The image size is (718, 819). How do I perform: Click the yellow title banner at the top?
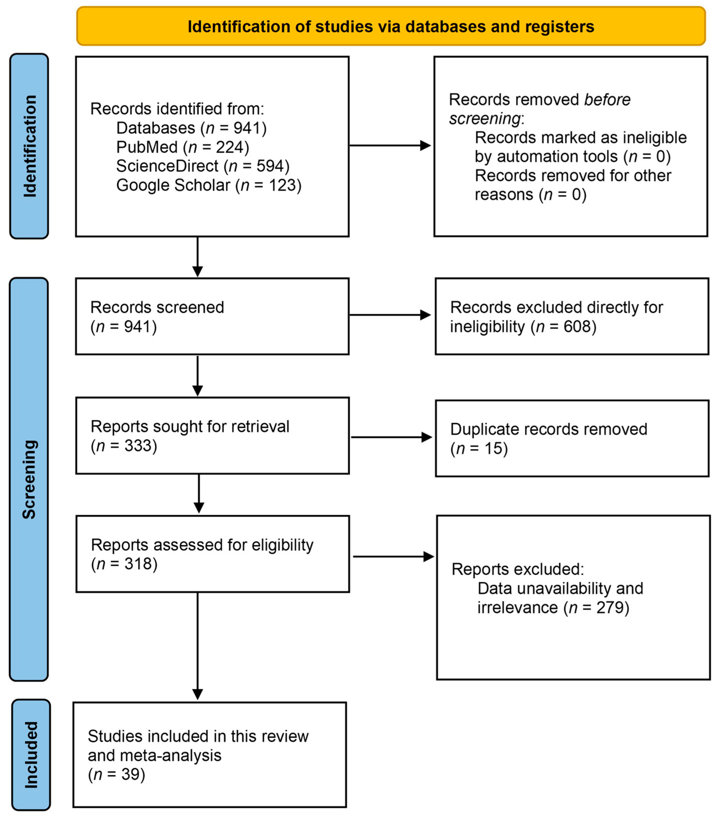pyautogui.click(x=391, y=26)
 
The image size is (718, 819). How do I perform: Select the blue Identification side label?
pyautogui.click(x=29, y=146)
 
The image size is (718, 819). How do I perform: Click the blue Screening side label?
pyautogui.click(x=29, y=479)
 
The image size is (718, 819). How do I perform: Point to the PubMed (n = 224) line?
pyautogui.click(x=183, y=147)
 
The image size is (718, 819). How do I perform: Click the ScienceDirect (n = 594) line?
pyautogui.click(x=203, y=166)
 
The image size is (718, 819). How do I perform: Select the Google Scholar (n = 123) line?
pyautogui.click(x=209, y=185)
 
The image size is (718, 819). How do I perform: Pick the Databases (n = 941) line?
pyautogui.click(x=191, y=128)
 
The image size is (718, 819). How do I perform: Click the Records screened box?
pyautogui.click(x=212, y=316)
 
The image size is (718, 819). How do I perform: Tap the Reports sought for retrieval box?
pyautogui.click(x=213, y=436)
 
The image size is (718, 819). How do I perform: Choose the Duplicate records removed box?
pyautogui.click(x=572, y=438)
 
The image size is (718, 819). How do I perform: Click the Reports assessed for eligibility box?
pyautogui.click(x=213, y=554)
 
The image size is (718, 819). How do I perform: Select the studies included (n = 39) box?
pyautogui.click(x=210, y=755)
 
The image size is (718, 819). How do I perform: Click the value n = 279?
pyautogui.click(x=596, y=608)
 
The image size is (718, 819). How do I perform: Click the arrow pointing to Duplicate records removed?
pyautogui.click(x=392, y=437)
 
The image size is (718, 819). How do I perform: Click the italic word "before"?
pyautogui.click(x=607, y=99)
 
